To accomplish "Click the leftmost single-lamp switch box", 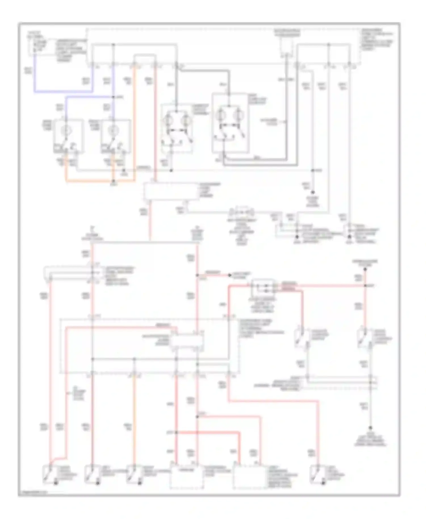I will coord(69,136).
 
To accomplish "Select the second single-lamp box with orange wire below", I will coord(116,136).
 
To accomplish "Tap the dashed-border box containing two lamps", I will coord(177,128).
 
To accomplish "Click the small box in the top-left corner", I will coord(40,46).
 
